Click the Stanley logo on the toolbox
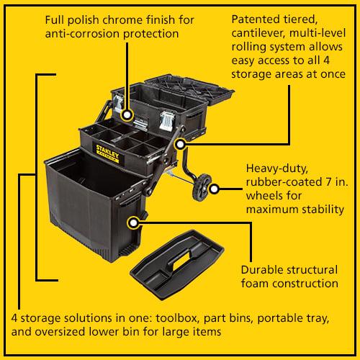click(x=107, y=153)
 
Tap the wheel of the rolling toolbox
click(x=202, y=187)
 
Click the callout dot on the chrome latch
click(x=127, y=115)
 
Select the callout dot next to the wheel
click(x=214, y=189)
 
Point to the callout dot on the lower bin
click(x=133, y=223)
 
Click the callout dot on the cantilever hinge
click(x=180, y=144)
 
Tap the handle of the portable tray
click(x=181, y=259)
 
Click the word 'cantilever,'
click(x=258, y=33)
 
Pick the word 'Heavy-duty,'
click(x=277, y=168)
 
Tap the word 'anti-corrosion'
click(x=83, y=34)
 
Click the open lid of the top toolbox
click(x=189, y=89)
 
